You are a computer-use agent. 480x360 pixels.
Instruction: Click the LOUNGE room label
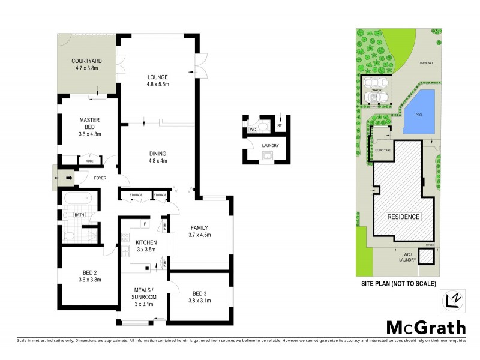158,77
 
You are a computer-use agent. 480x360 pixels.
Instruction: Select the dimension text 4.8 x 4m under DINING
158,161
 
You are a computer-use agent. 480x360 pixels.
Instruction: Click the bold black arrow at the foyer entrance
68,178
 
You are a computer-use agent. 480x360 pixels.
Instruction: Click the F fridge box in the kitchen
144,224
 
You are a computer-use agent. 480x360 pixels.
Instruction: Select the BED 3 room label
200,293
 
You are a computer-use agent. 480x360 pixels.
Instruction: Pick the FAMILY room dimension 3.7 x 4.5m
199,235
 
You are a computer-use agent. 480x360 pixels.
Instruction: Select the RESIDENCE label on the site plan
403,217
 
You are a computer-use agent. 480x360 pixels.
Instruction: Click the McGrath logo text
425,327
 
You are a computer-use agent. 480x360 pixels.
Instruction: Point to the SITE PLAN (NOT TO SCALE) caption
398,283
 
